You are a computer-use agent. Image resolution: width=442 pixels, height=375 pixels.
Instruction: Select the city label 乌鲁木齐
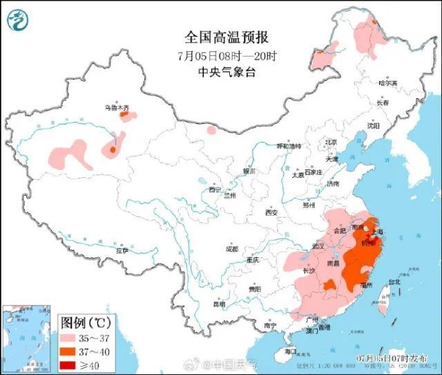(117, 108)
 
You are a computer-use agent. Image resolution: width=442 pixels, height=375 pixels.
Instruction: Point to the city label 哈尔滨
(388, 83)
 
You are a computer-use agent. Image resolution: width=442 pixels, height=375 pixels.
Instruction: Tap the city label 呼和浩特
(289, 147)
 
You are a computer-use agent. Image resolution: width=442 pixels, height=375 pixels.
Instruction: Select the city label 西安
(271, 212)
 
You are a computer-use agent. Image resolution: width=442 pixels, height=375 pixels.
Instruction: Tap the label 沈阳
(374, 126)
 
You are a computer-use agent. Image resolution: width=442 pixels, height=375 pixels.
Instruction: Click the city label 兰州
(229, 196)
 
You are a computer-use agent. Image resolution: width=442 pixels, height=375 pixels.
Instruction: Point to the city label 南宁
(270, 325)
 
